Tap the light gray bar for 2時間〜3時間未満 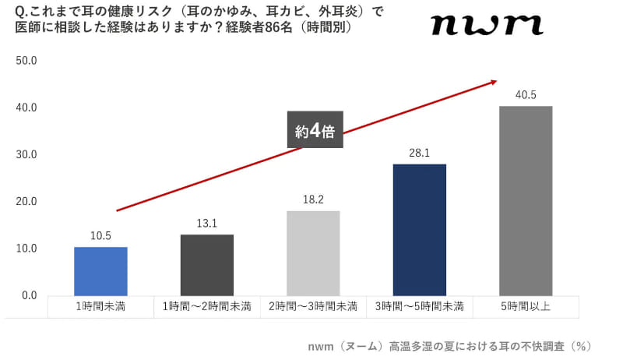pos(313,252)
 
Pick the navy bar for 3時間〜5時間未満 pos(420,229)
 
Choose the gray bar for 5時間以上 pos(526,200)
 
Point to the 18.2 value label pos(313,200)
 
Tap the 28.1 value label pos(420,154)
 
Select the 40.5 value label pos(526,95)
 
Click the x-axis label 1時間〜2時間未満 pos(207,306)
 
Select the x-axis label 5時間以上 pos(526,306)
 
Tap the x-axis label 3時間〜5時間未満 pos(420,306)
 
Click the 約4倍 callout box pos(315,130)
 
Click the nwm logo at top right pos(486,25)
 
